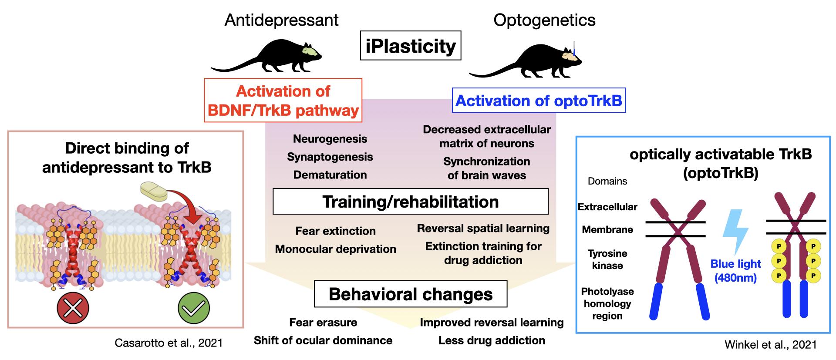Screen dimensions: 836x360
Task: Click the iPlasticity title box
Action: [x=411, y=45]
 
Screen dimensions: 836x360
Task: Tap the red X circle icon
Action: [x=73, y=308]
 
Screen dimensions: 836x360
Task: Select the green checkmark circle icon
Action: [x=194, y=308]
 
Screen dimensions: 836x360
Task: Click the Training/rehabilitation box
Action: [x=411, y=202]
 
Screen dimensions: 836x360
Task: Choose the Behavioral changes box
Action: [x=411, y=294]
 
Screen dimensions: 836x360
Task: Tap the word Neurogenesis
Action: [x=330, y=139]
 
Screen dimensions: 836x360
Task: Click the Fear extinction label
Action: [x=335, y=231]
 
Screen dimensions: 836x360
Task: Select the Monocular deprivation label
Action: [x=335, y=249]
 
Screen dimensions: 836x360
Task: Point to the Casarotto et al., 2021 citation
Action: [x=169, y=343]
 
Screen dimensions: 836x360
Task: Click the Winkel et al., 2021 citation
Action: [x=771, y=345]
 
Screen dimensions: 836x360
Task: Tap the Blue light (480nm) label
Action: [x=735, y=271]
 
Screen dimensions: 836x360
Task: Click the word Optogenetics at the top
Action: [x=544, y=20]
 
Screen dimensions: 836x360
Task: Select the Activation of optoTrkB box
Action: [x=539, y=101]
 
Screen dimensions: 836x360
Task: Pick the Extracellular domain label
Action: [x=607, y=207]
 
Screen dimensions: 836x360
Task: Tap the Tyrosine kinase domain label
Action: [x=607, y=259]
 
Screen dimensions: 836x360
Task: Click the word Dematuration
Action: [x=330, y=175]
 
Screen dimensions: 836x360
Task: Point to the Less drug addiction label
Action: [x=492, y=340]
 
